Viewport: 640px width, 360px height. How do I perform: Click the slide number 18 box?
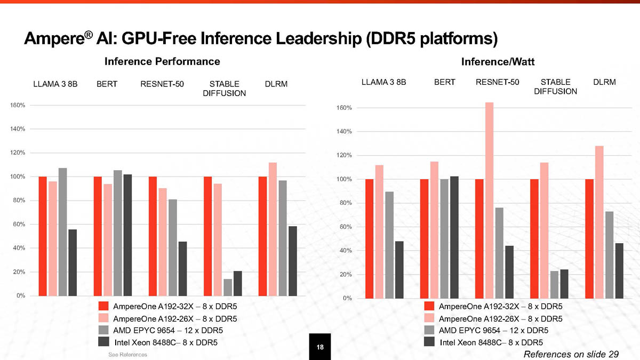(320, 347)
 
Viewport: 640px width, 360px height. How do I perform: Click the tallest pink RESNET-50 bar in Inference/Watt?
(489, 200)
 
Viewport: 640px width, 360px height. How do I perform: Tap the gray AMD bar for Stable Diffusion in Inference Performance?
(228, 287)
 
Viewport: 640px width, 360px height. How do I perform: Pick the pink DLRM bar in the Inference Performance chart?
(273, 229)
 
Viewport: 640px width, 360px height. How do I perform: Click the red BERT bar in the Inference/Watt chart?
(425, 238)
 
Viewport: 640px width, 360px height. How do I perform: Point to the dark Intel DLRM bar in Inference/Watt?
(619, 270)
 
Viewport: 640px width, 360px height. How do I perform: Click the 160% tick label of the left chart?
(18, 105)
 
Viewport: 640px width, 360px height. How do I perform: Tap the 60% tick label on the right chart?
(343, 227)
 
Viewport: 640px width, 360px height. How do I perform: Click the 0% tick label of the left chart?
(20, 295)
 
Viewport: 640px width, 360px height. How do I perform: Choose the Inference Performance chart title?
(162, 61)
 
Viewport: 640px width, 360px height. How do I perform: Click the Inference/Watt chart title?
(498, 62)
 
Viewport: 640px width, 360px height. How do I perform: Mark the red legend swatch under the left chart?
(103, 306)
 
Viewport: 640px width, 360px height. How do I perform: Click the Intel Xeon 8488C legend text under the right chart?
(491, 342)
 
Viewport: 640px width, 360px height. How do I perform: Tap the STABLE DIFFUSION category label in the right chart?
(555, 87)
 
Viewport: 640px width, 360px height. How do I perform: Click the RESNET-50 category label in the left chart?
(162, 84)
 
